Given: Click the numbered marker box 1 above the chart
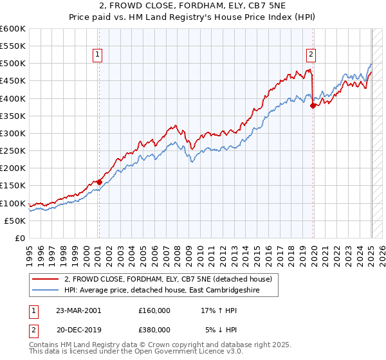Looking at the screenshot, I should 98,55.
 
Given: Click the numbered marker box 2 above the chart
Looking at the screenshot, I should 311,55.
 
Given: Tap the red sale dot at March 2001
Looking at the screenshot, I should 100,182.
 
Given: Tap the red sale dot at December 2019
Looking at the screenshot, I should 313,105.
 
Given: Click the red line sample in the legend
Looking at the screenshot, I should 45,279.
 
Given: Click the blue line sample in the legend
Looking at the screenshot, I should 45,290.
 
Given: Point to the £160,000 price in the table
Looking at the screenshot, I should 154,310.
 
